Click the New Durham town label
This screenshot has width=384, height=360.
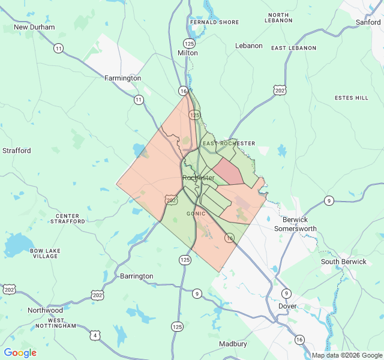point(34,27)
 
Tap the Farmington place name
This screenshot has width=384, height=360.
point(122,78)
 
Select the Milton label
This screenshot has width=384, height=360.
point(188,53)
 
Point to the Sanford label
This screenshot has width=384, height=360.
point(368,22)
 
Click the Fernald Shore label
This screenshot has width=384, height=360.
point(214,22)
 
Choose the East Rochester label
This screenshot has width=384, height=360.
point(229,143)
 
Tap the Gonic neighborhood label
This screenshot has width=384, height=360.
point(196,214)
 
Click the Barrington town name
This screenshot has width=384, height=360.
point(137,276)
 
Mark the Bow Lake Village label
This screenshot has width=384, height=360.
point(45,253)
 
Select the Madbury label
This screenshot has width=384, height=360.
point(233,344)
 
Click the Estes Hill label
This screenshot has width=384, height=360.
point(352,98)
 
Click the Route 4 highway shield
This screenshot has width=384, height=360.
point(96,335)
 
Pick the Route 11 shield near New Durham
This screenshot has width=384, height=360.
point(58,48)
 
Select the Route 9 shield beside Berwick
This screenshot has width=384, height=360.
point(329,200)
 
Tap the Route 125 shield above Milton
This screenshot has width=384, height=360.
point(189,43)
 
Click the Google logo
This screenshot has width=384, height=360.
point(20,353)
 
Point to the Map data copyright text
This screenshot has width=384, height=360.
point(347,355)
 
